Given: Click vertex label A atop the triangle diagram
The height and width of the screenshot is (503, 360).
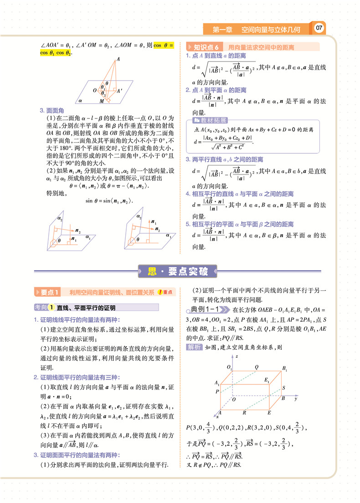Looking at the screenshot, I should pos(118,59).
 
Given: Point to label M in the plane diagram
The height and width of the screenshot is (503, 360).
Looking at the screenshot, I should pos(102,101).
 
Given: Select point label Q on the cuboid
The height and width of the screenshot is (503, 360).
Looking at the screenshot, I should pos(257,367).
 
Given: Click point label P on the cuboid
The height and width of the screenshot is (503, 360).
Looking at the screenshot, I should pos(217,391).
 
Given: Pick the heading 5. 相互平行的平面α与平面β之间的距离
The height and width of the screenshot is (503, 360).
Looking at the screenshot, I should pos(239,224).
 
